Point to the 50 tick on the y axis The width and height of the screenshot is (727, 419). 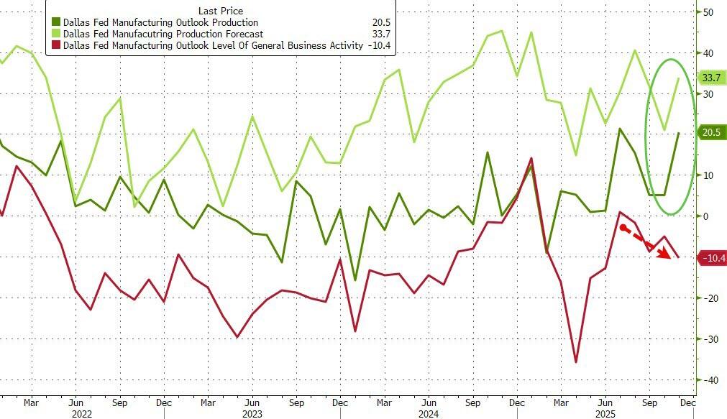[708, 12]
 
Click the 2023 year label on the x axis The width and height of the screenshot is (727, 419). [252, 415]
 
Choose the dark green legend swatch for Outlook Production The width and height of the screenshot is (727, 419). [56, 23]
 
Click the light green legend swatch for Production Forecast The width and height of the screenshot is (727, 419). [56, 34]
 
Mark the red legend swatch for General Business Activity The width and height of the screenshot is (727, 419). [56, 45]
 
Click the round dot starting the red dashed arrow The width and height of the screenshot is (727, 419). [623, 229]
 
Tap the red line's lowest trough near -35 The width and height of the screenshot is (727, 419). [576, 362]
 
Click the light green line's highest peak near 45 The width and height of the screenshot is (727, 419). [501, 31]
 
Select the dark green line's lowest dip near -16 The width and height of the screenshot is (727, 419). [355, 280]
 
